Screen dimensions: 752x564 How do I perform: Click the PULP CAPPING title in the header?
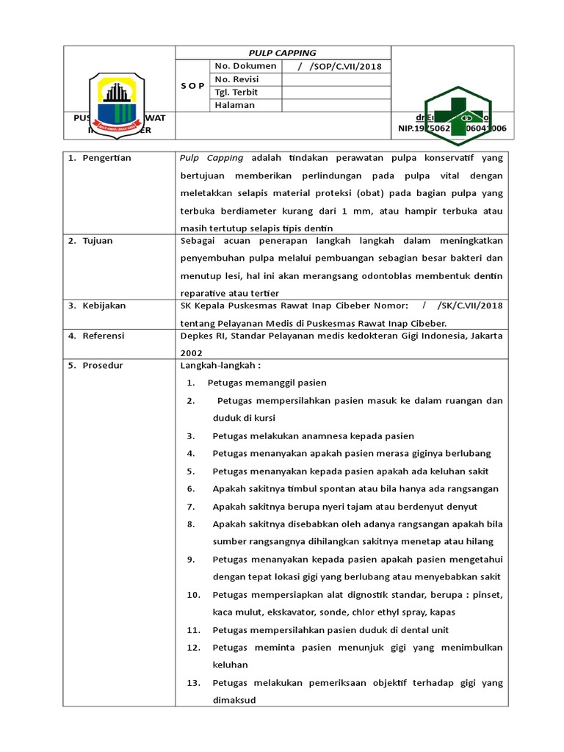pyautogui.click(x=283, y=53)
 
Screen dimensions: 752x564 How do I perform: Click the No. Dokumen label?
pyautogui.click(x=245, y=66)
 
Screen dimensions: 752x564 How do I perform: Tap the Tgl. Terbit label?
pyautogui.click(x=237, y=92)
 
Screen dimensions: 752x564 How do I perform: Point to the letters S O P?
pyautogui.click(x=192, y=86)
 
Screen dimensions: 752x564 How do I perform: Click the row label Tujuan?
pyautogui.click(x=98, y=241)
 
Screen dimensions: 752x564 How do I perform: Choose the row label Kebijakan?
pyautogui.click(x=104, y=305)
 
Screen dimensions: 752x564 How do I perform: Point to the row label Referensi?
pyautogui.click(x=104, y=336)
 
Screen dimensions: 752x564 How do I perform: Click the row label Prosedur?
pyautogui.click(x=103, y=365)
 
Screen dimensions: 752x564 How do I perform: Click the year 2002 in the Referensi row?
pyautogui.click(x=192, y=352)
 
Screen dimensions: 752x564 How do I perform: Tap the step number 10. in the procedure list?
pyautogui.click(x=193, y=595)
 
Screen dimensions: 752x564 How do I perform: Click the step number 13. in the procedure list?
pyautogui.click(x=193, y=683)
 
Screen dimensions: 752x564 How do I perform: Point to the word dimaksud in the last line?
pyautogui.click(x=234, y=701)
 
